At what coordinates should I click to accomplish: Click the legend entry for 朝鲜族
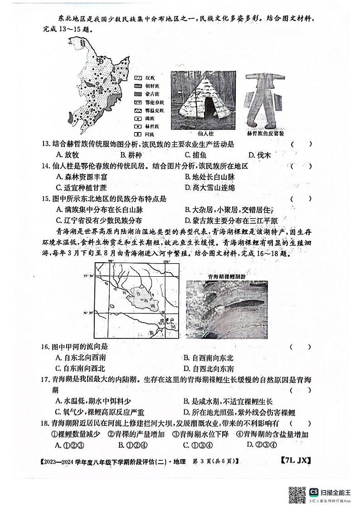(146, 86)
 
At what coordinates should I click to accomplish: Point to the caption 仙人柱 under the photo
(205, 134)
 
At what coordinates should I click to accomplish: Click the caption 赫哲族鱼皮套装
(265, 134)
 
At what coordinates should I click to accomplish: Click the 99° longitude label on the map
(111, 262)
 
